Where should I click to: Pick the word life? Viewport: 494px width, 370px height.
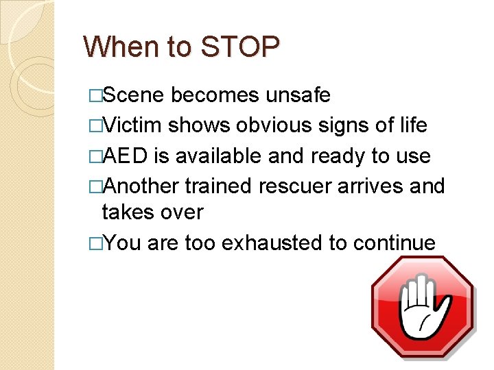[x=412, y=125]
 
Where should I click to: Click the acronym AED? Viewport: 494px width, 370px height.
[x=125, y=156]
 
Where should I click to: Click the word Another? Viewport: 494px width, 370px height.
[x=141, y=186]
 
